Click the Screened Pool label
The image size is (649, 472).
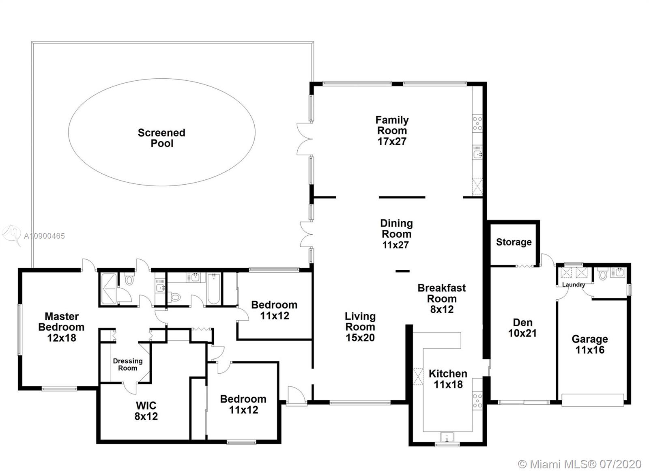(162, 138)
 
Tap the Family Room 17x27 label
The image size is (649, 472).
(392, 130)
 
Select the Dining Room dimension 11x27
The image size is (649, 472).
(396, 245)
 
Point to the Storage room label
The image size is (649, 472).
(514, 242)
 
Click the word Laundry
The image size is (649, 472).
(574, 285)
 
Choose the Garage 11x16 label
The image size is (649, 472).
(590, 345)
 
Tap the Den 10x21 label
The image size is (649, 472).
(522, 328)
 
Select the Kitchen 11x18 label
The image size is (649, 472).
(448, 379)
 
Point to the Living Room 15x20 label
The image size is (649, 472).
(360, 327)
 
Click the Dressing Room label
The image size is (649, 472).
(128, 364)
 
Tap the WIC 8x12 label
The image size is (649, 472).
(146, 411)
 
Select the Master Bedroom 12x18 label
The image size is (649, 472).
(61, 327)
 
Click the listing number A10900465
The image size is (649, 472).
(44, 236)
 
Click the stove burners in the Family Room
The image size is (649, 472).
(477, 123)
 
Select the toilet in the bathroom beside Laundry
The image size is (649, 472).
(603, 274)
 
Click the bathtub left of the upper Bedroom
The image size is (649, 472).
(214, 289)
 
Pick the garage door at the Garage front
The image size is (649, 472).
(593, 400)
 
